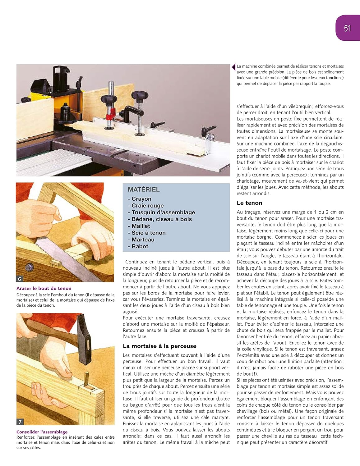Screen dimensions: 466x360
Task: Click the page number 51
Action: pos(347,28)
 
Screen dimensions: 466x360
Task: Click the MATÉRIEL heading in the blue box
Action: pos(144,189)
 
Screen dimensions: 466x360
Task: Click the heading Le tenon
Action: pos(249,203)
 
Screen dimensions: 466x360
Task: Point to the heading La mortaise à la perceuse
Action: pos(159,346)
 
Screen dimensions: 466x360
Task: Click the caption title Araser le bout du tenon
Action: pos(44,288)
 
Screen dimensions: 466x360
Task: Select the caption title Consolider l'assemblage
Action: pos(42,432)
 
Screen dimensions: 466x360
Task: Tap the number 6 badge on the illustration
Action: pos(20,279)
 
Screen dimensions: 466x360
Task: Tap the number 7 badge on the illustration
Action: pos(20,422)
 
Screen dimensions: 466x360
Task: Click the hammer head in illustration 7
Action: pos(84,339)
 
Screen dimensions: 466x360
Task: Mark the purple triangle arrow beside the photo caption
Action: pos(234,67)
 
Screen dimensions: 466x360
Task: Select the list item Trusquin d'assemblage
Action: pos(163,212)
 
